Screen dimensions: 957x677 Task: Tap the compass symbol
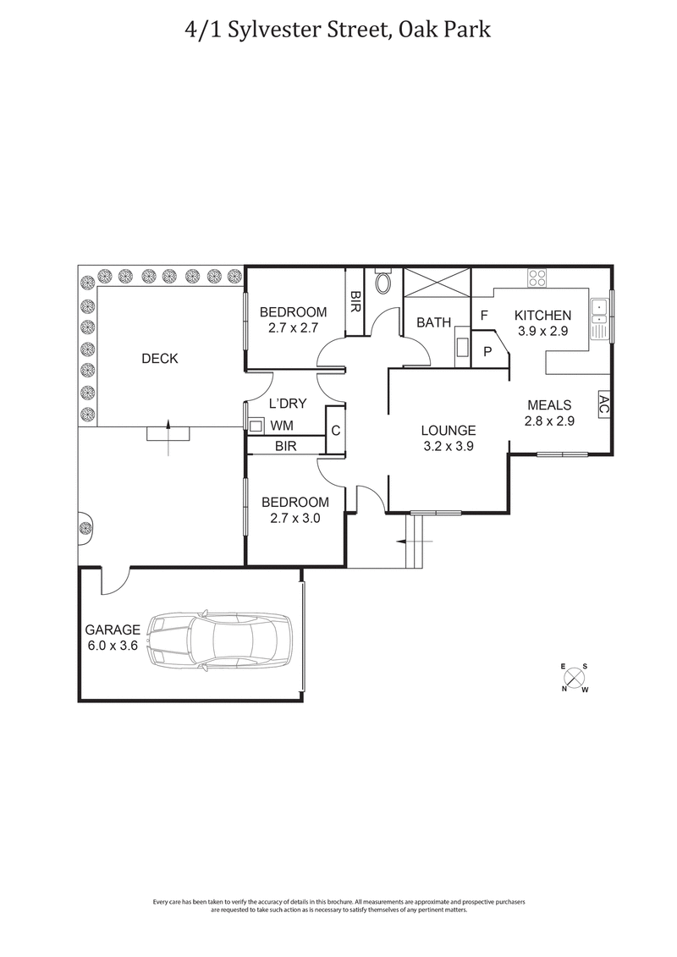[575, 678]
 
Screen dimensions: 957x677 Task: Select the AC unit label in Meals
[604, 404]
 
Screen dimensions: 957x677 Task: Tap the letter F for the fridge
[485, 316]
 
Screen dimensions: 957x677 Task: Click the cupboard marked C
[336, 431]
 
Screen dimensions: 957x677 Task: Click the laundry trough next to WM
[254, 426]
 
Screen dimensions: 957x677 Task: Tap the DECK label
[160, 359]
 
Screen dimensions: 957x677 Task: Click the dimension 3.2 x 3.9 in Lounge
[449, 446]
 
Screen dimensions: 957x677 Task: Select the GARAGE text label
[113, 630]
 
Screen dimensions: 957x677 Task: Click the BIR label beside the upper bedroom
[355, 301]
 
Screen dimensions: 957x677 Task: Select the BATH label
[433, 322]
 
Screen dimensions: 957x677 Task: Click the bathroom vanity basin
[462, 348]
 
